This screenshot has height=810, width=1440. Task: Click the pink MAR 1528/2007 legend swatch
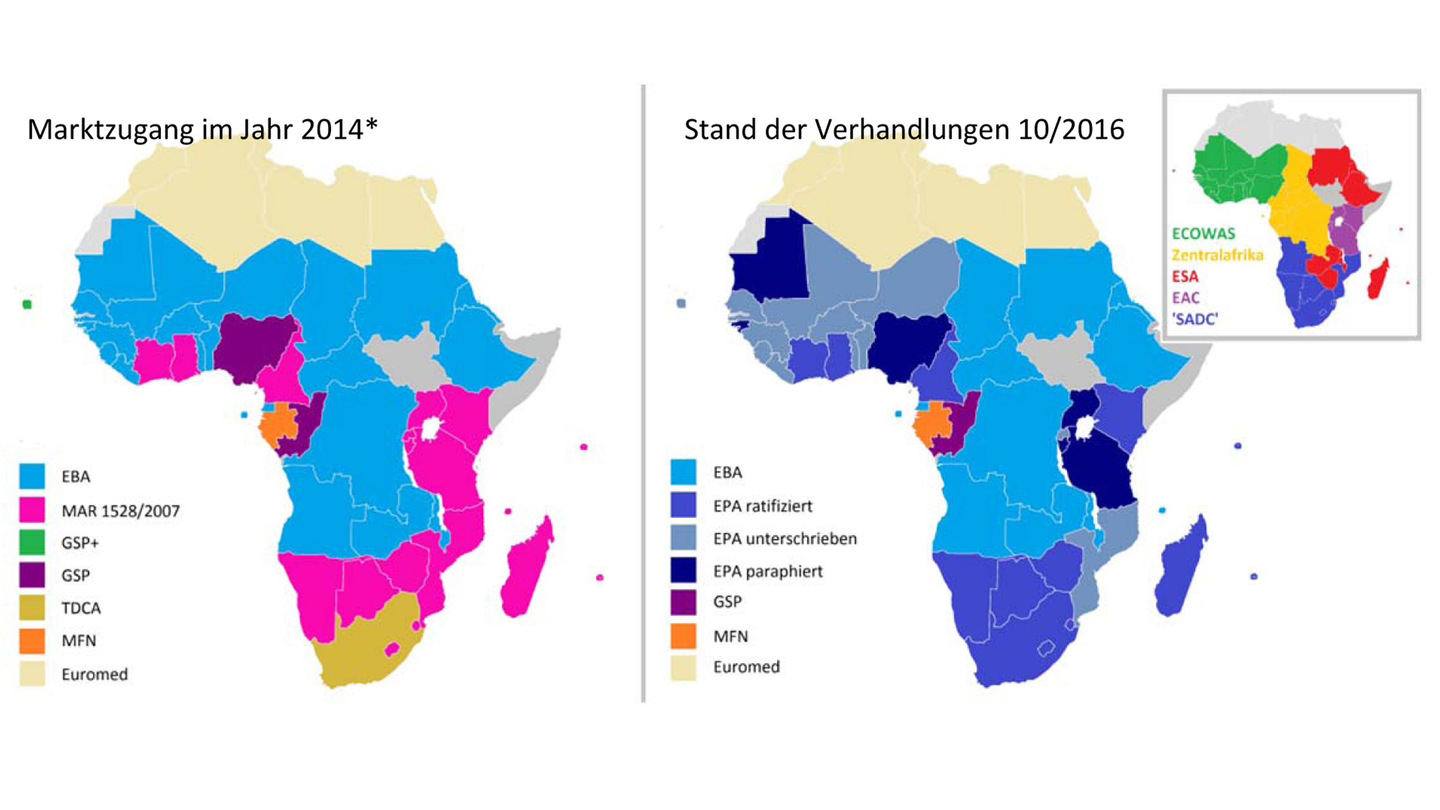(x=32, y=510)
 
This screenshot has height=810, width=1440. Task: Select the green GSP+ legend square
(x=32, y=542)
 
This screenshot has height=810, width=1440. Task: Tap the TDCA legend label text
(x=81, y=608)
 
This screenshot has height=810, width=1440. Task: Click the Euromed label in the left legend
(x=94, y=674)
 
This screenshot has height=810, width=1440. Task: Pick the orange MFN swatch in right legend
(x=683, y=636)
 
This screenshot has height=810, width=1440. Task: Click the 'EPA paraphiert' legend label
(x=767, y=571)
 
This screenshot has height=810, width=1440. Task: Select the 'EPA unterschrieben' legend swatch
(x=683, y=538)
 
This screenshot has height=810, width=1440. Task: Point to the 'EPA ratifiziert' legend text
(x=762, y=506)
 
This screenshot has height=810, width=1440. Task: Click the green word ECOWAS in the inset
(x=1203, y=233)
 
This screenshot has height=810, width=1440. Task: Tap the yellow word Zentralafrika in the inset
(x=1217, y=255)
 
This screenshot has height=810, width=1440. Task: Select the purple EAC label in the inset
(x=1186, y=298)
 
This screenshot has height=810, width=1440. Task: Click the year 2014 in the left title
(x=332, y=130)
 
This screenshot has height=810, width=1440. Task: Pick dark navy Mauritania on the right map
(x=771, y=264)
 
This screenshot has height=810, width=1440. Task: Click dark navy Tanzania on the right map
(x=1101, y=474)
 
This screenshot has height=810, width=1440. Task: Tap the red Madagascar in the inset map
(x=1379, y=280)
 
